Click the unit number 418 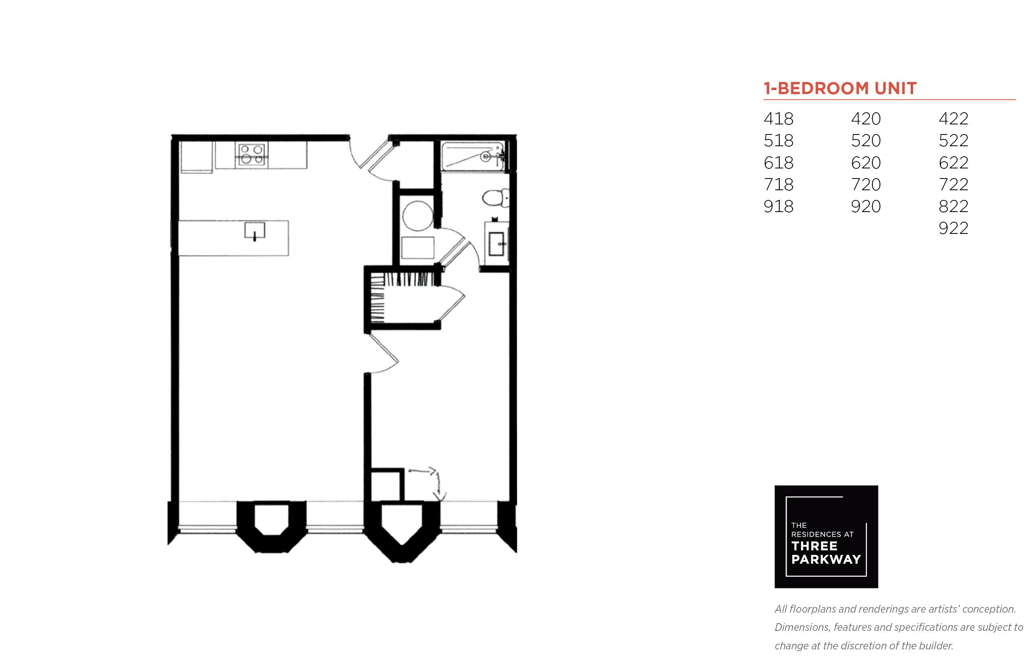click(778, 118)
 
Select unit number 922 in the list click(953, 228)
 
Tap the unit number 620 click(865, 163)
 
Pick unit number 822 click(953, 206)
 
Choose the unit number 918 click(778, 206)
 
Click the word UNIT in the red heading click(895, 88)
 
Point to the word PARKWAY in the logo click(826, 559)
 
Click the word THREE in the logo click(815, 546)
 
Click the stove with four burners click(251, 154)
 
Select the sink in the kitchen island click(254, 230)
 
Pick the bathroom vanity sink click(496, 244)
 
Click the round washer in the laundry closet click(418, 216)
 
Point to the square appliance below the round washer click(418, 248)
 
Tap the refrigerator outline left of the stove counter click(196, 157)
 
